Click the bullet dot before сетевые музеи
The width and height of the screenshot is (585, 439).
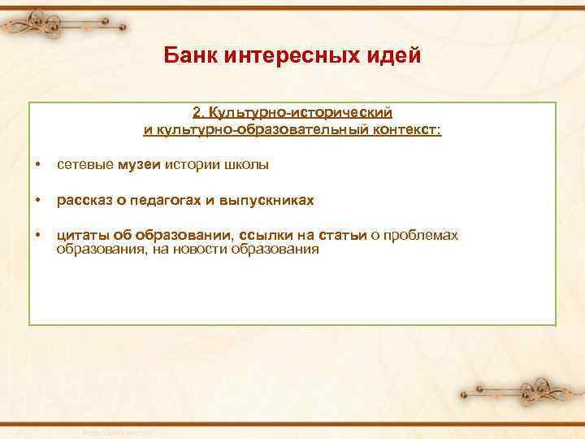[x=38, y=166]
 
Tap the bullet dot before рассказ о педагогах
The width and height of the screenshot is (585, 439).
[x=38, y=200]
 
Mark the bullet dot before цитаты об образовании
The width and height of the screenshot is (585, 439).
[x=38, y=235]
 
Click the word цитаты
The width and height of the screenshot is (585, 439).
[x=76, y=235]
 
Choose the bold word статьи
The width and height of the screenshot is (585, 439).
[x=343, y=235]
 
